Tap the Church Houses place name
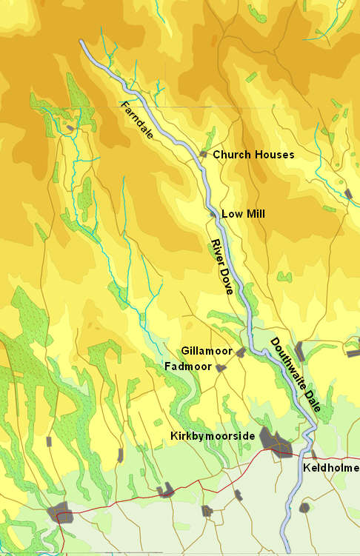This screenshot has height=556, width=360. click(x=253, y=155)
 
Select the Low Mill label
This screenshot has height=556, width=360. click(x=243, y=214)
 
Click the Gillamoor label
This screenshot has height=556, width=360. click(x=207, y=350)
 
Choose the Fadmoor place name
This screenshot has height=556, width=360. click(x=188, y=366)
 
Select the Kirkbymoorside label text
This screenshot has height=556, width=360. click(x=213, y=436)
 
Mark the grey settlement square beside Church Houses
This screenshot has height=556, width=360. click(x=203, y=154)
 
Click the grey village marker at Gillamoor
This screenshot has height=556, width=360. click(x=240, y=352)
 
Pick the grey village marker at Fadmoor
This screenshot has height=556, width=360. click(x=220, y=367)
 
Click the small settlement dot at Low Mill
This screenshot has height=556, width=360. click(x=213, y=214)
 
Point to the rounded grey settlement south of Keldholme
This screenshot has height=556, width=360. click(x=304, y=507)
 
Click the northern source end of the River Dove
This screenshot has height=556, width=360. click(x=81, y=42)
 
